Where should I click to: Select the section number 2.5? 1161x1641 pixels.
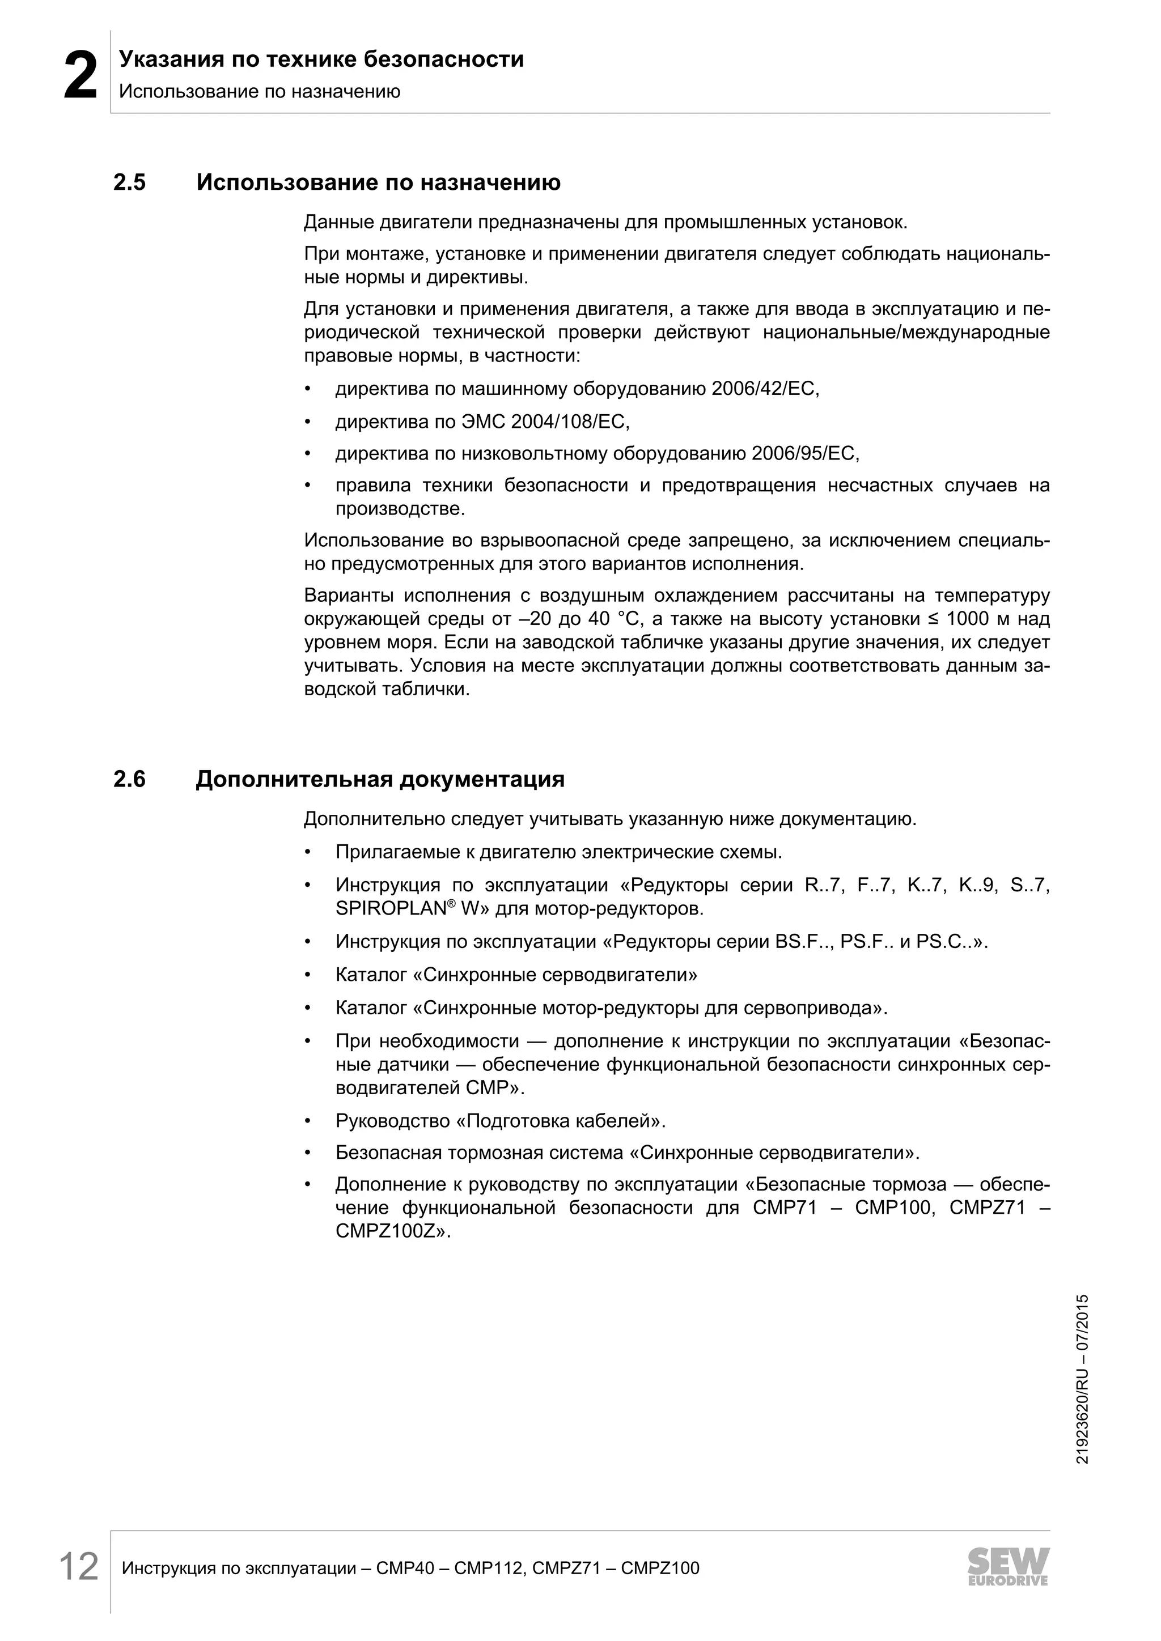point(129,183)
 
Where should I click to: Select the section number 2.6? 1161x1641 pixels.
point(129,779)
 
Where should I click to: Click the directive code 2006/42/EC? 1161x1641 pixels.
point(764,389)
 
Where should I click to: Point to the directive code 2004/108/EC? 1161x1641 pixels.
point(570,422)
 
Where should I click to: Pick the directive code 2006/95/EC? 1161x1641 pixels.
point(803,454)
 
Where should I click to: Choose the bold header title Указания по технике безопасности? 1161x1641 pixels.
point(321,59)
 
